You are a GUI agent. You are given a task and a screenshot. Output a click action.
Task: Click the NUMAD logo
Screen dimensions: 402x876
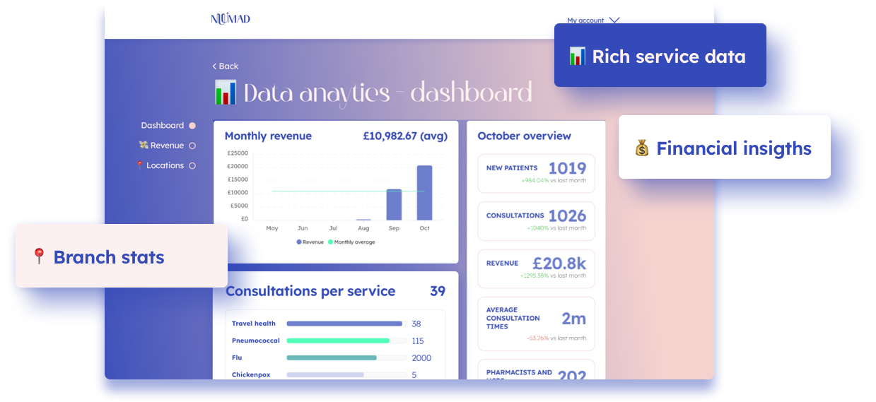pyautogui.click(x=230, y=19)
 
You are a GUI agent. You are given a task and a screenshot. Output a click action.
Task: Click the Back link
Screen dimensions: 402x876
pyautogui.click(x=226, y=66)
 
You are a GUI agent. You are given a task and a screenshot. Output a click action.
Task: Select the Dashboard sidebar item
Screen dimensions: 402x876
pyautogui.click(x=163, y=126)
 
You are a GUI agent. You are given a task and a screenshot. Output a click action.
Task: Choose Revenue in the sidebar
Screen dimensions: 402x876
pyautogui.click(x=166, y=146)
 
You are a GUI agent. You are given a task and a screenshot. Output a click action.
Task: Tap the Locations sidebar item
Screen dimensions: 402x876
pyautogui.click(x=165, y=165)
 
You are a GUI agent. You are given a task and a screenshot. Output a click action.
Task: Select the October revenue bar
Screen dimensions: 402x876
pyautogui.click(x=424, y=193)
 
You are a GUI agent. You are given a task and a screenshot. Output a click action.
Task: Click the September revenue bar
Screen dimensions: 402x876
pyautogui.click(x=394, y=205)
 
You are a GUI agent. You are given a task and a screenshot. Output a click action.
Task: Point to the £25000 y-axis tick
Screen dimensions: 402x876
pyautogui.click(x=238, y=153)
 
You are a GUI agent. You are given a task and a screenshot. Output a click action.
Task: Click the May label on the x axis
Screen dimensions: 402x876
pyautogui.click(x=271, y=228)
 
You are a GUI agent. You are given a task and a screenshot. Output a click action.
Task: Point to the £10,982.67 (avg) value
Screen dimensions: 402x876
pyautogui.click(x=404, y=136)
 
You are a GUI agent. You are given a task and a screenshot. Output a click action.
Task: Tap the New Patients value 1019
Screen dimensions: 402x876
pyautogui.click(x=567, y=168)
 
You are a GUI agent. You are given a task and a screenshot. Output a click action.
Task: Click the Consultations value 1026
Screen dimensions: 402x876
pyautogui.click(x=567, y=215)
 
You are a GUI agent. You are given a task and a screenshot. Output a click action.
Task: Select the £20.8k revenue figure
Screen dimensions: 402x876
pyautogui.click(x=559, y=264)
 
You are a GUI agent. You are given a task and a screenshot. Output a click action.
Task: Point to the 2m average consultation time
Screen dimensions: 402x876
pyautogui.click(x=573, y=319)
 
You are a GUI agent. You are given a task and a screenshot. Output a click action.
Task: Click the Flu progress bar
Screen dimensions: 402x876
pyautogui.click(x=332, y=357)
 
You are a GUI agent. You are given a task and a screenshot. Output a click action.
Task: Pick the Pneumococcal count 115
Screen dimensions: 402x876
pyautogui.click(x=418, y=341)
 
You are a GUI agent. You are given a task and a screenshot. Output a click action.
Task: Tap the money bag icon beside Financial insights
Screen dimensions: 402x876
pyautogui.click(x=641, y=148)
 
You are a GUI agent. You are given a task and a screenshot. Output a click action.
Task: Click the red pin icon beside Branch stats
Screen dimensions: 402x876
pyautogui.click(x=39, y=256)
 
